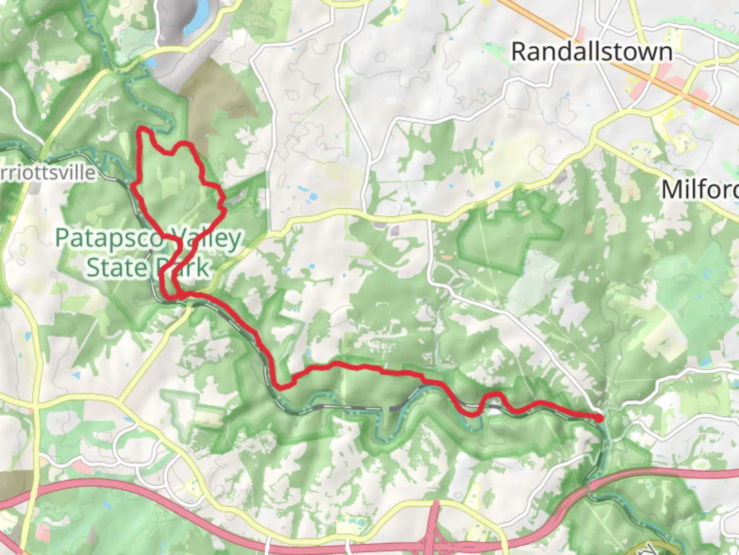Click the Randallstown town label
[x=591, y=52]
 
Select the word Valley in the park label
[x=205, y=238]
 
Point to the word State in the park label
[x=116, y=267]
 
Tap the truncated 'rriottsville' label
[x=48, y=172]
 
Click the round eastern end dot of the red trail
[x=599, y=418]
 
